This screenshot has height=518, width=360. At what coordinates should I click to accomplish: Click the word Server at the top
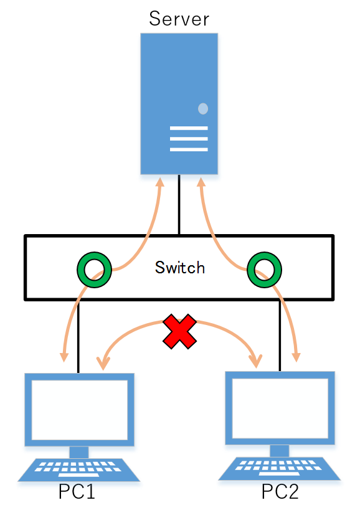click(x=179, y=19)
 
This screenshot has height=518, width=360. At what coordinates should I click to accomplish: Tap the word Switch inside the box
click(x=180, y=267)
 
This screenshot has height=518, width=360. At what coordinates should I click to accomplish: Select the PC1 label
click(x=77, y=491)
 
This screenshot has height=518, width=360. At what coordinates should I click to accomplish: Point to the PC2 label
click(x=280, y=491)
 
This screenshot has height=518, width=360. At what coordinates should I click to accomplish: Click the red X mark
click(x=180, y=331)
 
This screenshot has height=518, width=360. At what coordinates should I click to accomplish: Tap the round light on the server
click(x=203, y=108)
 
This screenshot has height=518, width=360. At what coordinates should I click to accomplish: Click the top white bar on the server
click(x=189, y=128)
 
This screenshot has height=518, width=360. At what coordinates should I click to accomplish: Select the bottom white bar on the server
click(x=189, y=149)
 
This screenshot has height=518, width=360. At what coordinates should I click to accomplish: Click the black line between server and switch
click(x=179, y=204)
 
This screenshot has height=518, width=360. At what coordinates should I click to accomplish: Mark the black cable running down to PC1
click(x=78, y=337)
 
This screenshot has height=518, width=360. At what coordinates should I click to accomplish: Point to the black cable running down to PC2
click(x=280, y=336)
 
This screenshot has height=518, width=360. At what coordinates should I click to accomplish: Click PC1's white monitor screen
click(x=79, y=410)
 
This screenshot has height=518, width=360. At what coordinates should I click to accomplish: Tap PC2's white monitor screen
click(x=280, y=408)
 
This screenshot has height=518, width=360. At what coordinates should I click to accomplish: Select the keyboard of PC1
click(x=78, y=469)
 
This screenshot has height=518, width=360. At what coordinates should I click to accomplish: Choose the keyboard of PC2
click(x=279, y=468)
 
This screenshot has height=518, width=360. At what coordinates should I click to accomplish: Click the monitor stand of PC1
click(x=79, y=452)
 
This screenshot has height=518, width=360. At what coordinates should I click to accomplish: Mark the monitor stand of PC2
click(x=280, y=451)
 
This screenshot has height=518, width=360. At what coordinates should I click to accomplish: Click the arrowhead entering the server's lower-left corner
click(x=160, y=182)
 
